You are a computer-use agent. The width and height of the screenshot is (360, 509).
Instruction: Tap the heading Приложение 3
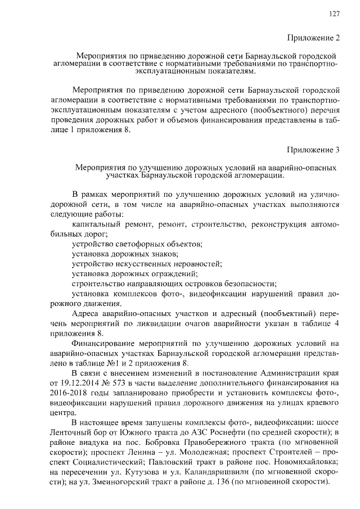tap(314, 150)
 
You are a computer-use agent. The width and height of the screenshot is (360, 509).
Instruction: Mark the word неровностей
tap(195, 263)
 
